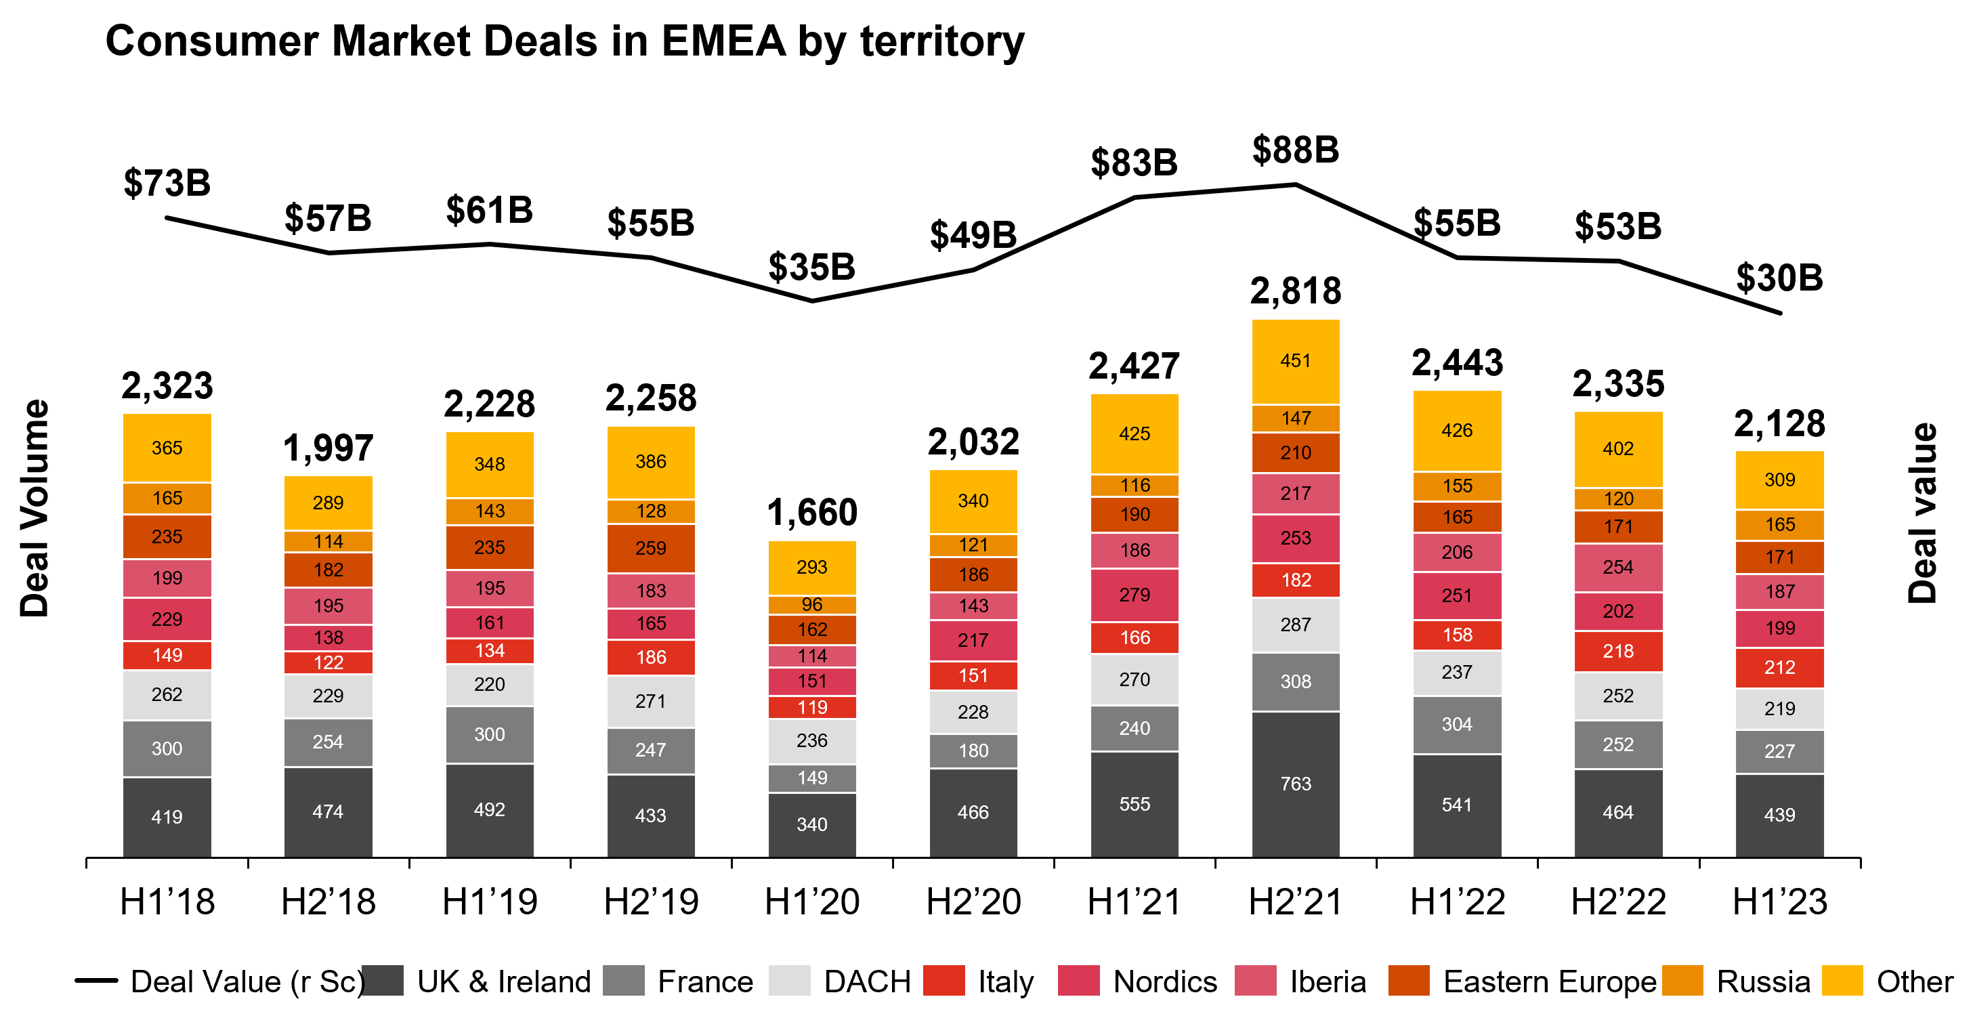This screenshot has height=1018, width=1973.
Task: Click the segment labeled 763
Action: click(1295, 784)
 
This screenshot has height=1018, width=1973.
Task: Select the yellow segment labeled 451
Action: click(1295, 361)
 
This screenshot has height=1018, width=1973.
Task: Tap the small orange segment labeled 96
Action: click(812, 604)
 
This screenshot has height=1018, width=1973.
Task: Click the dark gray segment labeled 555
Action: click(1134, 803)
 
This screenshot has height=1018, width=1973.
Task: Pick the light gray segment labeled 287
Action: click(1295, 624)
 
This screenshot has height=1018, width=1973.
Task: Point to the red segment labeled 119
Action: click(812, 707)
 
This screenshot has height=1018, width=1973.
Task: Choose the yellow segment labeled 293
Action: click(812, 567)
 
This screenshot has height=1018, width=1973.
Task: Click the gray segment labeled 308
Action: click(1295, 681)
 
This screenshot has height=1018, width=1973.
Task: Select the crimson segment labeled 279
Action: click(1134, 595)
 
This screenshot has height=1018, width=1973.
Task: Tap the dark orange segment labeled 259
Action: click(651, 548)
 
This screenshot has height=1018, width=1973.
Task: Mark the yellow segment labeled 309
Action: click(1779, 480)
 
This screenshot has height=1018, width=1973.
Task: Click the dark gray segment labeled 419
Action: click(167, 817)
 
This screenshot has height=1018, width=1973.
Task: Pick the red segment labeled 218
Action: click(1617, 651)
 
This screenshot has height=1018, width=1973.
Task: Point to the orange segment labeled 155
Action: click(1457, 486)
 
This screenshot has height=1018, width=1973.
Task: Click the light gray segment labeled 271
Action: click(651, 701)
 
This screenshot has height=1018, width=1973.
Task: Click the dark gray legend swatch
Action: click(383, 979)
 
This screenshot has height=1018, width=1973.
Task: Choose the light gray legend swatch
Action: click(789, 979)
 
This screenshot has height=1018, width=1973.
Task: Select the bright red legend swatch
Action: click(943, 979)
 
